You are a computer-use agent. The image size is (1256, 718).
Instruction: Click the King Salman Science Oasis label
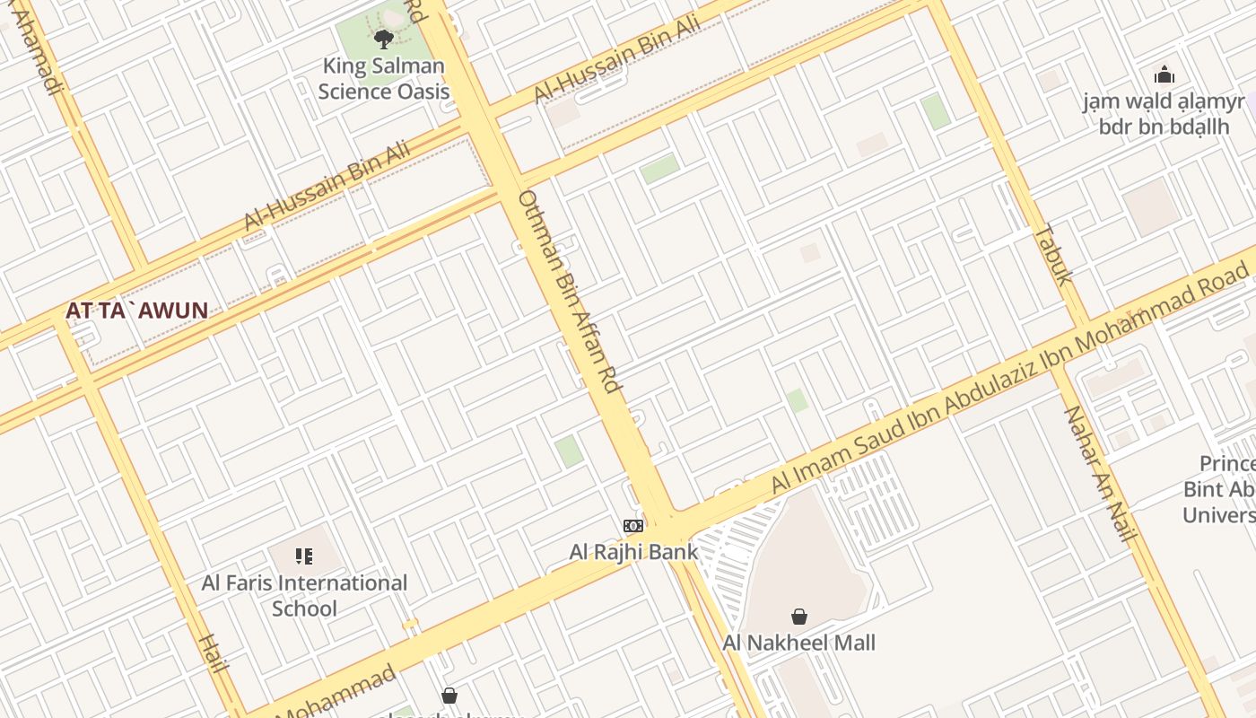[x=384, y=79]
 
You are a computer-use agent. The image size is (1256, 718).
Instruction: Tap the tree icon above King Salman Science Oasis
[x=384, y=39]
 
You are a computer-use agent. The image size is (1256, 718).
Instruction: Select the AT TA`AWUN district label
[x=136, y=311]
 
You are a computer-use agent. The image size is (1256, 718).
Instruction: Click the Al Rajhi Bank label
[x=633, y=552]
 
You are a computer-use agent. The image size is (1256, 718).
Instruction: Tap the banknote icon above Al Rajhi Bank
[x=633, y=526]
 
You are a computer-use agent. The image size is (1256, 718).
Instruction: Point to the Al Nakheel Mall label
[x=798, y=643]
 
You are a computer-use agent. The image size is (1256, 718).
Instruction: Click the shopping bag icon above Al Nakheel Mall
[x=798, y=617]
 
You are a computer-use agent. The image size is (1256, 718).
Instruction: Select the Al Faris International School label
[x=304, y=595]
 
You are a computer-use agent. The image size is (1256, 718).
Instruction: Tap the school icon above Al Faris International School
[x=304, y=556]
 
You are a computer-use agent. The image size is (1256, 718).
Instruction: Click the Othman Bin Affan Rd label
[x=571, y=291]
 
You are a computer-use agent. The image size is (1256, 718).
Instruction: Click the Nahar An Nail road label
[x=1099, y=474]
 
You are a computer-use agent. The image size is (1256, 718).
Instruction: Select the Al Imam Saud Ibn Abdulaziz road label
[x=1009, y=375]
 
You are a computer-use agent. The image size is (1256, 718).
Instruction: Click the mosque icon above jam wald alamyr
[x=1164, y=74]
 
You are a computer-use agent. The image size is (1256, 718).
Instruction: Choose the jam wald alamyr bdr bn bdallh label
[x=1164, y=113]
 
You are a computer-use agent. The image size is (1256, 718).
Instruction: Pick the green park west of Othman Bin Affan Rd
[x=568, y=451]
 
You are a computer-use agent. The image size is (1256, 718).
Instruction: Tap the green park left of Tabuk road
[x=936, y=111]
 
